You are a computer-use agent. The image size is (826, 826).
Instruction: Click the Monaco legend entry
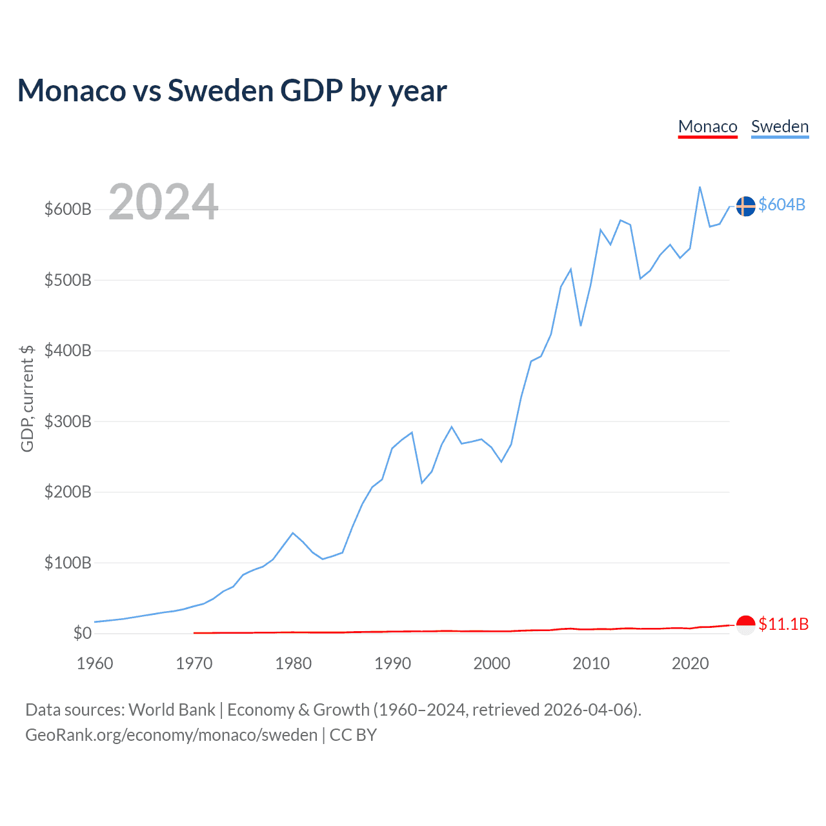pyautogui.click(x=707, y=126)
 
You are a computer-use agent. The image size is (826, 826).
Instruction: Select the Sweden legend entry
pyautogui.click(x=780, y=126)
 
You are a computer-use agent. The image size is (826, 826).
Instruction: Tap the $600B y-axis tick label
pyautogui.click(x=68, y=210)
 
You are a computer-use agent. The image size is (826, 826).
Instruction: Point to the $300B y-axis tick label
pyautogui.click(x=68, y=421)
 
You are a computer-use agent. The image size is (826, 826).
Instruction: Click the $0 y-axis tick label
pyautogui.click(x=82, y=633)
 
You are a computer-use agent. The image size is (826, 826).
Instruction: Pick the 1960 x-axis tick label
pyautogui.click(x=95, y=663)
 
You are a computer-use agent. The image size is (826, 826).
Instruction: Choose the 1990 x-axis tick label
pyautogui.click(x=392, y=663)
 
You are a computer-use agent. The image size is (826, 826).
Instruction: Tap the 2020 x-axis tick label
pyautogui.click(x=690, y=663)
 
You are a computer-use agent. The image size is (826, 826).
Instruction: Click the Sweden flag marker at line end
pyautogui.click(x=745, y=206)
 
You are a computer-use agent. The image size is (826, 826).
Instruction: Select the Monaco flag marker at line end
pyautogui.click(x=745, y=625)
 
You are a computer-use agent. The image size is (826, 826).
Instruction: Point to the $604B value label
pyautogui.click(x=782, y=205)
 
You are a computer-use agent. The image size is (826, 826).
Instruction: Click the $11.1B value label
pyautogui.click(x=783, y=624)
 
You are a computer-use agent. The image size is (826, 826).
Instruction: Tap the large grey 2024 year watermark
pyautogui.click(x=163, y=202)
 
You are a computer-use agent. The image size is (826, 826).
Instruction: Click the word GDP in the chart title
pyautogui.click(x=311, y=90)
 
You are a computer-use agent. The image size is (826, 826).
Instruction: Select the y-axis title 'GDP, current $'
pyautogui.click(x=27, y=398)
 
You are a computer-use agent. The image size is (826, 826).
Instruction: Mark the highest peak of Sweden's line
pyautogui.click(x=700, y=187)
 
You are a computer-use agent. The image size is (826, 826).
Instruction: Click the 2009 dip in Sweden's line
pyautogui.click(x=581, y=325)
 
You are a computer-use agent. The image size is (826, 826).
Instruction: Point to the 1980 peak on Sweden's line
pyautogui.click(x=293, y=533)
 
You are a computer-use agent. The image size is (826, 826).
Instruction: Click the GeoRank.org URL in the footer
pyautogui.click(x=171, y=735)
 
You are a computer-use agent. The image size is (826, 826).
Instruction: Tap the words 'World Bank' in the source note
pyautogui.click(x=172, y=710)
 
